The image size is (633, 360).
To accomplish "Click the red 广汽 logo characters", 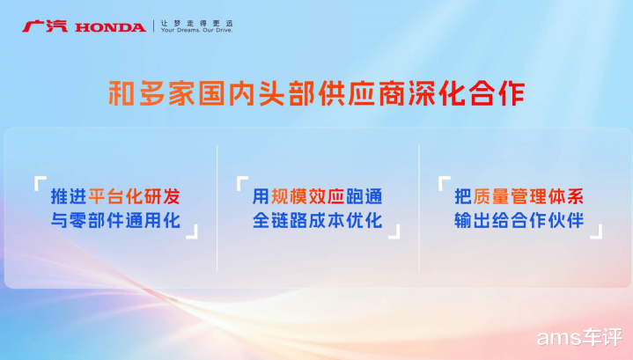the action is tap(45, 26).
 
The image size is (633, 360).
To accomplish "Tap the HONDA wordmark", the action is tap(110, 27).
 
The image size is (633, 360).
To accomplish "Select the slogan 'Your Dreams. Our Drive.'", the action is tap(196, 30).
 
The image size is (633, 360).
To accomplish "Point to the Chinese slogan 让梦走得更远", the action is tap(196, 23).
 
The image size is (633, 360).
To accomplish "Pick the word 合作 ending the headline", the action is tap(497, 93).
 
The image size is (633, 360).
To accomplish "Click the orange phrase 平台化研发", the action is tap(134, 196).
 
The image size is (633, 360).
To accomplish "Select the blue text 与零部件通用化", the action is tap(115, 220).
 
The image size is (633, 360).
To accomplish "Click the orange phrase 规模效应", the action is tap(307, 196).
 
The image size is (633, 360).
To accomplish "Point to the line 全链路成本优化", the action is tap(317, 220).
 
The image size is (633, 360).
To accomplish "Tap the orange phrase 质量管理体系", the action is tap(528, 196).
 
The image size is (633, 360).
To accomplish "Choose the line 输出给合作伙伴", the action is tap(519, 220).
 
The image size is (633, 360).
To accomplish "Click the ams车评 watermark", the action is tap(579, 337).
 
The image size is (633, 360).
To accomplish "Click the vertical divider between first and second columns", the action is tap(217, 208).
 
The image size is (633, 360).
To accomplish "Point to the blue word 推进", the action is tap(69, 196).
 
